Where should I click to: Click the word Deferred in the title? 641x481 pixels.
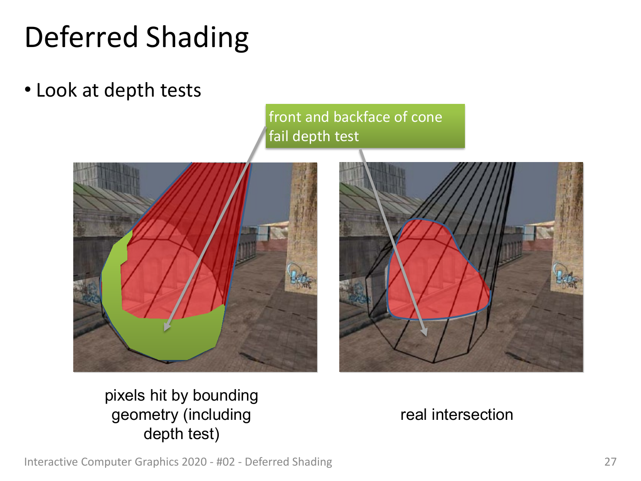(x=81, y=37)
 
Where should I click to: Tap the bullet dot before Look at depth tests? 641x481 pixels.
(x=28, y=90)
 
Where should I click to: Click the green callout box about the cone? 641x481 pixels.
(x=365, y=126)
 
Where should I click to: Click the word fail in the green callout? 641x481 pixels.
(x=278, y=136)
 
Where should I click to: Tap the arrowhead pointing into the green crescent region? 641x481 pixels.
(x=167, y=327)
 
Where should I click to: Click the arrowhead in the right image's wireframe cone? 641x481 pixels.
(x=424, y=332)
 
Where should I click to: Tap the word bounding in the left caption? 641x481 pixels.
(x=226, y=396)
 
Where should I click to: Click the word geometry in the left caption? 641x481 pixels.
(x=145, y=416)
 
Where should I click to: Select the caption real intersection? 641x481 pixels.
(x=457, y=415)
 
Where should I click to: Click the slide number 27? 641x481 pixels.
(x=610, y=462)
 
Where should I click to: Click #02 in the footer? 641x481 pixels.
(x=226, y=462)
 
